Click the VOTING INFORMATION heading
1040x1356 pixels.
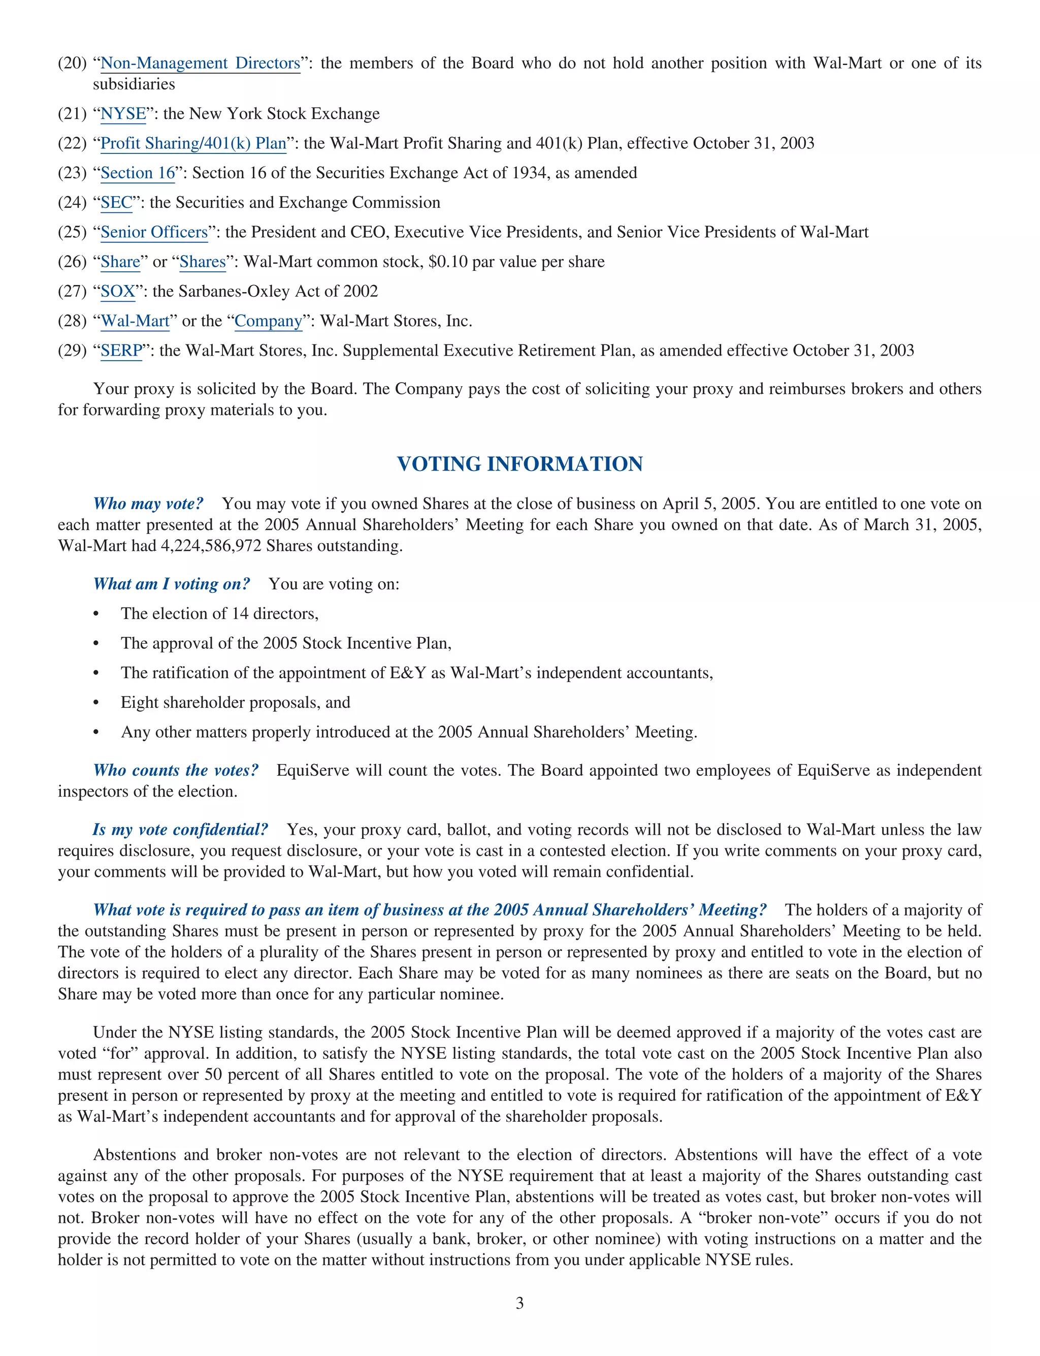click(519, 464)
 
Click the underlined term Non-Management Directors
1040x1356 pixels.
click(200, 63)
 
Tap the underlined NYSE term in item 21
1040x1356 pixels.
click(123, 114)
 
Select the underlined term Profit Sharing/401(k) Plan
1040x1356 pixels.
click(193, 144)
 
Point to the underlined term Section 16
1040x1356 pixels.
click(138, 173)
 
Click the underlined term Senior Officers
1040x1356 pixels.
click(154, 232)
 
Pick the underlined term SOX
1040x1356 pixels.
click(118, 292)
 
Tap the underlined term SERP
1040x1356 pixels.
click(121, 351)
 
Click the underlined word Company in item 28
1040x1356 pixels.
click(268, 322)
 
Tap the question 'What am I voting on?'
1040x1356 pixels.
click(172, 584)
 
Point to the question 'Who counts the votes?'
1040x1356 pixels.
click(176, 770)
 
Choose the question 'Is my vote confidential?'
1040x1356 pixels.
click(180, 830)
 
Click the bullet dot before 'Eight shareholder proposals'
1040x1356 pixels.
click(96, 703)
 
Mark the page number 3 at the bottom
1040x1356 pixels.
click(519, 1303)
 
